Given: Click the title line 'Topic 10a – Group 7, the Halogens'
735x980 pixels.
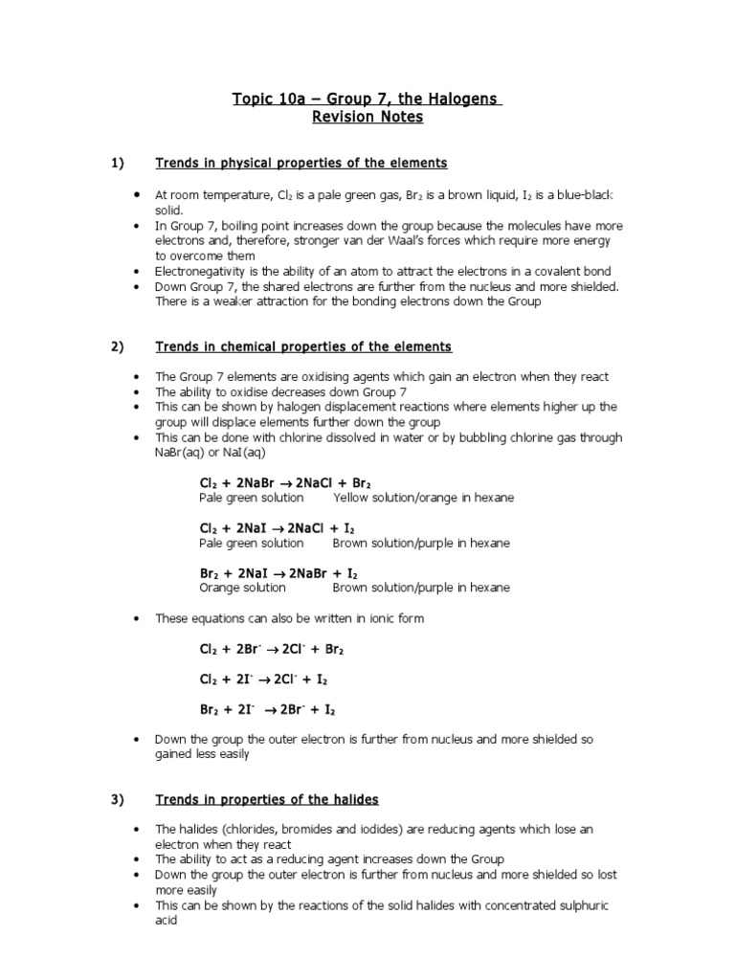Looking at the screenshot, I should tap(367, 100).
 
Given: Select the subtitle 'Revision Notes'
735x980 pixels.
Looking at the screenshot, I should tap(367, 118).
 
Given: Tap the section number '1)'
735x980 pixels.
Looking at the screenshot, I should tap(119, 164).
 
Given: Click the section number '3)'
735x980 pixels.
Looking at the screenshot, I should tap(119, 799).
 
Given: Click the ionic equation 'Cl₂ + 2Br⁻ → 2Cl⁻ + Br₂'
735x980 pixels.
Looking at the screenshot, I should tap(272, 649).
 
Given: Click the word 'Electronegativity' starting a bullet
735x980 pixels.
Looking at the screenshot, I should tap(200, 272).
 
